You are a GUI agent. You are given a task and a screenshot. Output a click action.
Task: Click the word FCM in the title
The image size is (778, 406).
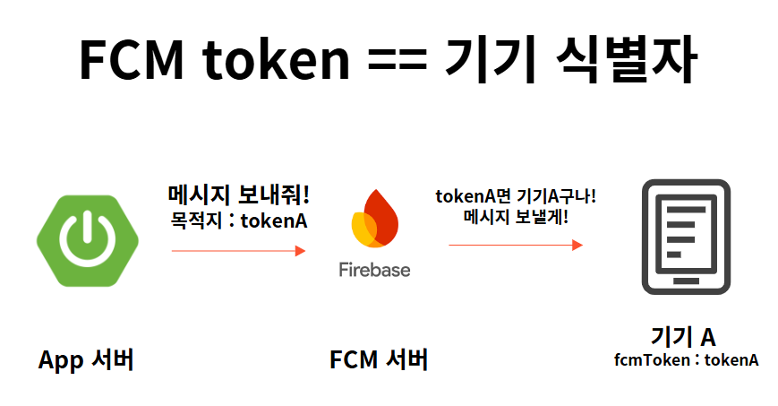click(133, 60)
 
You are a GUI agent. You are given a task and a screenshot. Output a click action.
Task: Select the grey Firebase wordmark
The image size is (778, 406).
click(374, 269)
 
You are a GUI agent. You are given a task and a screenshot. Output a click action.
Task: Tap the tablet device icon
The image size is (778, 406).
click(686, 238)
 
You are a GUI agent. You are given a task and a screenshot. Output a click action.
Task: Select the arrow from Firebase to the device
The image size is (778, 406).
click(516, 245)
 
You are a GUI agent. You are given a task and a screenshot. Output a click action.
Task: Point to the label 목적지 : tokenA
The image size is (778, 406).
click(239, 220)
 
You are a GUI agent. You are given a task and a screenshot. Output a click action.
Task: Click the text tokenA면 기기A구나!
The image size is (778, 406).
click(516, 196)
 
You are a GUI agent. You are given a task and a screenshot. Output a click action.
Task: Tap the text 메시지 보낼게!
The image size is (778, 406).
click(516, 217)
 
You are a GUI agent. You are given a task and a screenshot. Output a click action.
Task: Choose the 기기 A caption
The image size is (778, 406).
click(683, 337)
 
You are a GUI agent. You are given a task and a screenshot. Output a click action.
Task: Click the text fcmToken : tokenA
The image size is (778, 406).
click(686, 360)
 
